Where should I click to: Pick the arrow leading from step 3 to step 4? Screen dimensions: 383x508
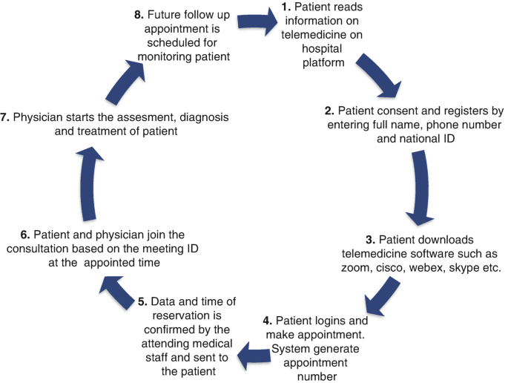click(x=383, y=298)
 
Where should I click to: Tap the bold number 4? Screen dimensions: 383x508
click(x=268, y=321)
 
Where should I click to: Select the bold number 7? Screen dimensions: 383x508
click(x=6, y=117)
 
